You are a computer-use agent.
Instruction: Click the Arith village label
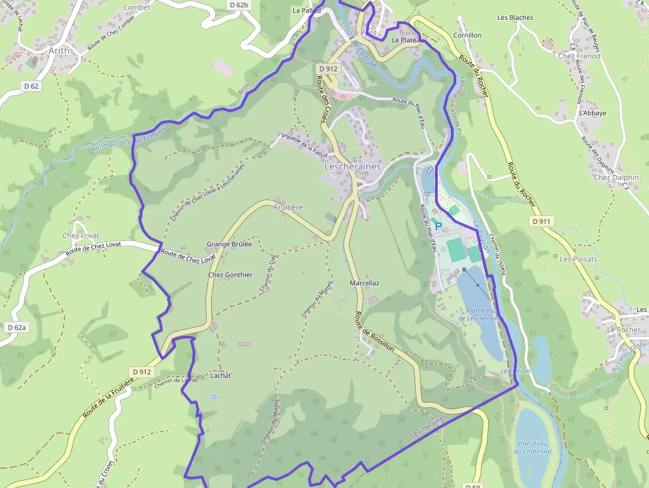tap(59, 50)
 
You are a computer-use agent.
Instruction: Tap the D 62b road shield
tap(238, 5)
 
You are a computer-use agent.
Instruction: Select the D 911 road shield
tap(541, 221)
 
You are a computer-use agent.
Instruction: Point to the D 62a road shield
tap(17, 327)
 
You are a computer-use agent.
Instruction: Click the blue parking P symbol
tap(438, 226)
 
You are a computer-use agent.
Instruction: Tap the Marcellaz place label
tap(364, 283)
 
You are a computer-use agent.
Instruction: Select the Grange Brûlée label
tap(229, 244)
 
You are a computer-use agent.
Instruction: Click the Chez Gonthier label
tap(230, 275)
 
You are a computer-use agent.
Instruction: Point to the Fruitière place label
tap(288, 207)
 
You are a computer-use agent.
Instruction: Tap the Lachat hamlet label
tap(221, 375)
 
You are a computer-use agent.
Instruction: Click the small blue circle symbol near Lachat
tap(213, 397)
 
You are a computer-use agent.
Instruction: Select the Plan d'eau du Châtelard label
tap(533, 448)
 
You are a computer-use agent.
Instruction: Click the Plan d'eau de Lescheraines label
tap(481, 314)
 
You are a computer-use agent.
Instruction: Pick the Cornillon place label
tap(467, 35)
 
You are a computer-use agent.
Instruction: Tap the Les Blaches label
tap(515, 17)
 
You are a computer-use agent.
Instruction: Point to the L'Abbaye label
tap(592, 113)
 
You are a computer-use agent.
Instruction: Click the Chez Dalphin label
tap(616, 177)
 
